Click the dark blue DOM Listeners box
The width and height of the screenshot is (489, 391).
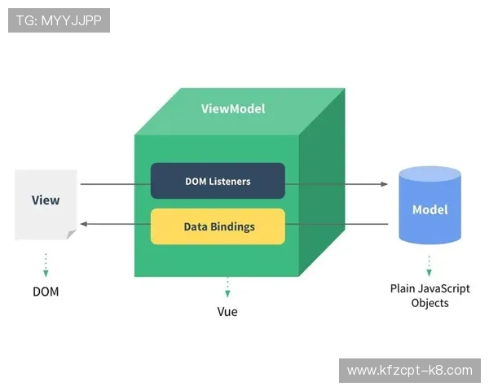tap(218, 180)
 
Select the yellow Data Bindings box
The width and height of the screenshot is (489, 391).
tap(218, 226)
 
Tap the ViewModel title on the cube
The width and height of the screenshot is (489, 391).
tap(233, 109)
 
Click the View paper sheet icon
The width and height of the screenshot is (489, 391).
tap(46, 204)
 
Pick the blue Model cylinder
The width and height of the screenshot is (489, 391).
tap(430, 205)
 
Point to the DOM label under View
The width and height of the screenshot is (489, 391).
tap(46, 291)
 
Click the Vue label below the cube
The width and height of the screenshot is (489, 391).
tap(227, 312)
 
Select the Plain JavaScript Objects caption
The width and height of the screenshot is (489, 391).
tap(430, 296)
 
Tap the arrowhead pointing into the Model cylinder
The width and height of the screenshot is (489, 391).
tap(384, 184)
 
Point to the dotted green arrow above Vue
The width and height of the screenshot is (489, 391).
tap(227, 287)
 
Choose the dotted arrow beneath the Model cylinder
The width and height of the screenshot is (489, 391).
tap(430, 264)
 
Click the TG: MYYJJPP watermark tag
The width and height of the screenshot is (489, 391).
tap(59, 20)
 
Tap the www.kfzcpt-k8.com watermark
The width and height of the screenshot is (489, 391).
tap(409, 371)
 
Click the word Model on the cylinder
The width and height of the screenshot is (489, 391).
tap(430, 209)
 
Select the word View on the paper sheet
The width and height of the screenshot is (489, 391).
tap(46, 200)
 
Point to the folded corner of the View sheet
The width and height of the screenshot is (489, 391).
tap(71, 235)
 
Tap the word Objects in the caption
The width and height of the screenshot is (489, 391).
tap(430, 303)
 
